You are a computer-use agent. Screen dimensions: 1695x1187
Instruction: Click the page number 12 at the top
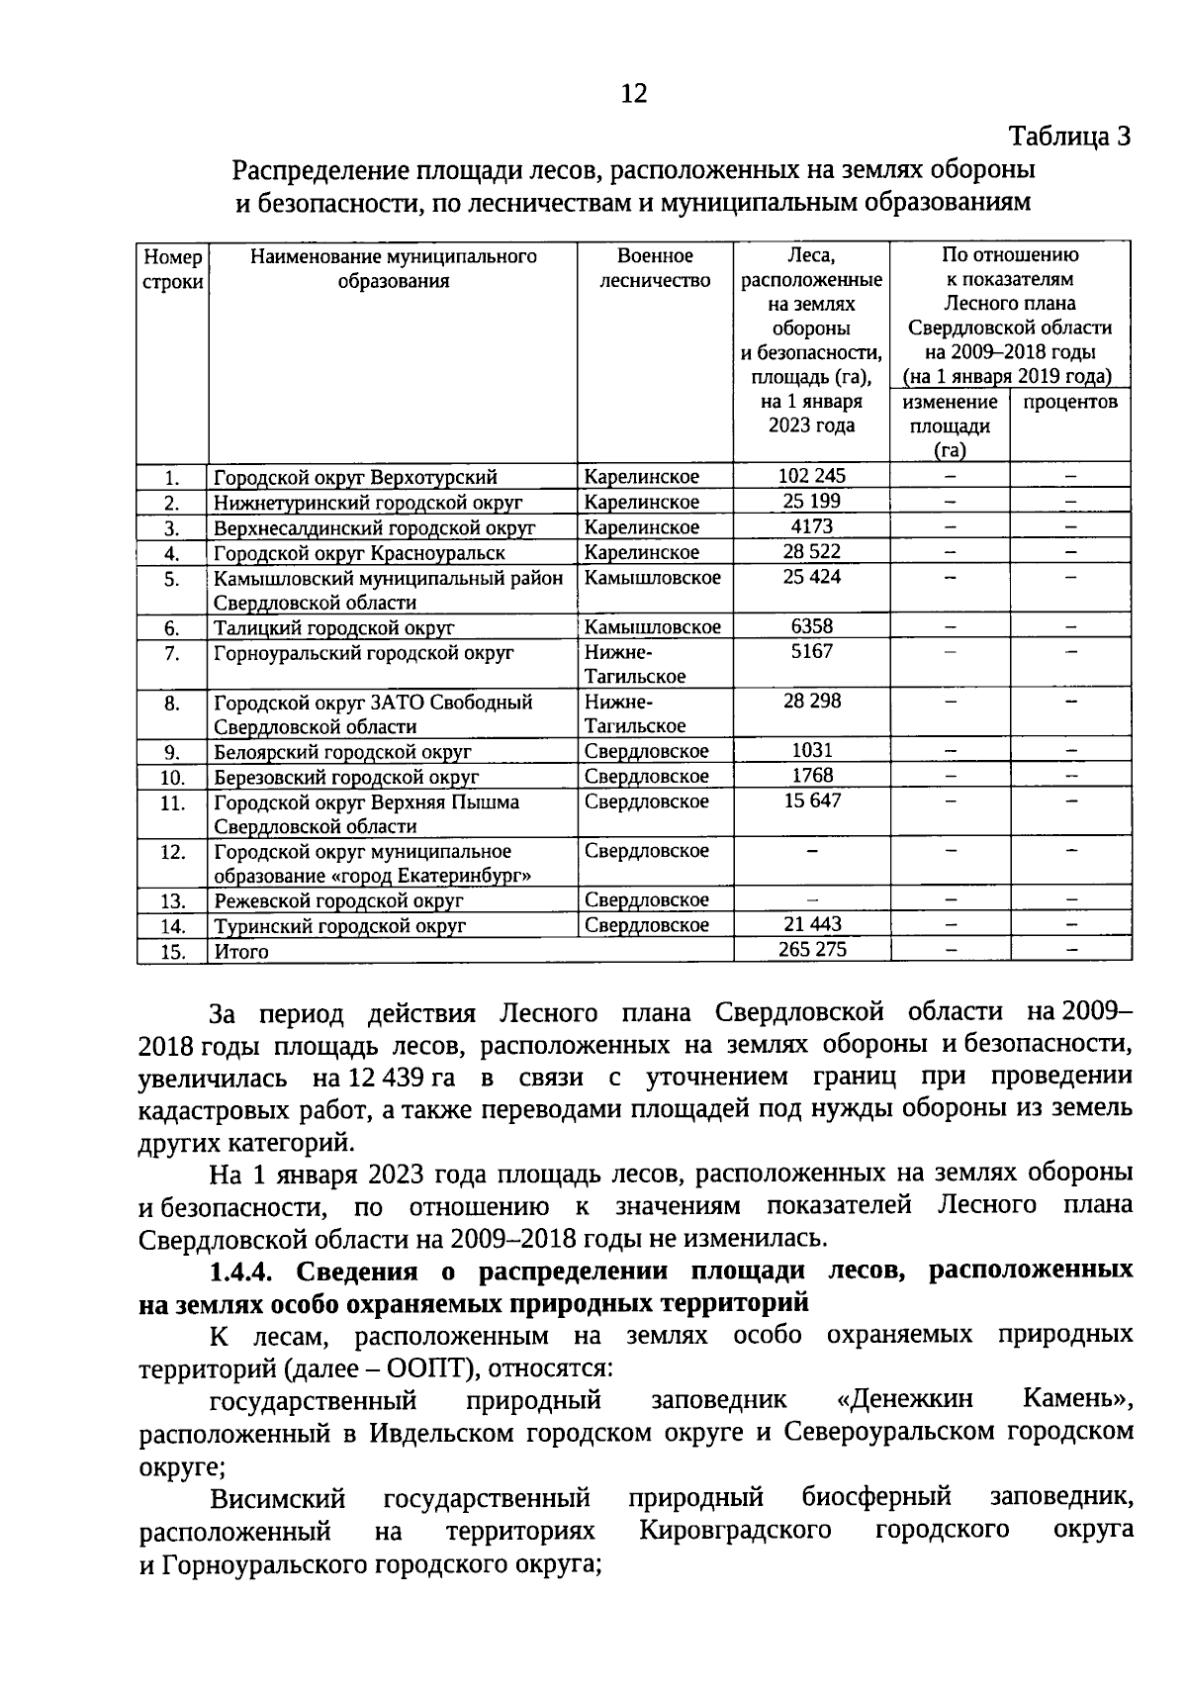633,94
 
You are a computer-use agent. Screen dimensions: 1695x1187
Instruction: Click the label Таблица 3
1068,137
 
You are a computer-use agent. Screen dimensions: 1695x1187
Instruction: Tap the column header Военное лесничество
655,268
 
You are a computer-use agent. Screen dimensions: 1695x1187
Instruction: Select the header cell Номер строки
173,268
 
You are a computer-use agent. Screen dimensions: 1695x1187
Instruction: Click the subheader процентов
1070,402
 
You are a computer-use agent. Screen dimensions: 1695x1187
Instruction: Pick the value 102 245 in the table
811,476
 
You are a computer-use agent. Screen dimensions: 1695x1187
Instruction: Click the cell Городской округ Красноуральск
359,553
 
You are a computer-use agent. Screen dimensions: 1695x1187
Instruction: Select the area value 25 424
811,577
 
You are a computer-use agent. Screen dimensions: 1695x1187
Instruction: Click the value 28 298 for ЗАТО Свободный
811,702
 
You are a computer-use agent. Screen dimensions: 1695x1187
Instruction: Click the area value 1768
811,776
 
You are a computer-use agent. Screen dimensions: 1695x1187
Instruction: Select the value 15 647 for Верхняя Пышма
811,800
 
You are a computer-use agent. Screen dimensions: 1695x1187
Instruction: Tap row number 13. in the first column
173,901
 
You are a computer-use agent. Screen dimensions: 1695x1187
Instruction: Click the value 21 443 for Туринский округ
811,925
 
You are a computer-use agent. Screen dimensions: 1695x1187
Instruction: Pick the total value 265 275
811,950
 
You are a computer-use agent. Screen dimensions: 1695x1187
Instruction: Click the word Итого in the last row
241,952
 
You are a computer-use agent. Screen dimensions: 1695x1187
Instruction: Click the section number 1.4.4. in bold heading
245,1271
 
